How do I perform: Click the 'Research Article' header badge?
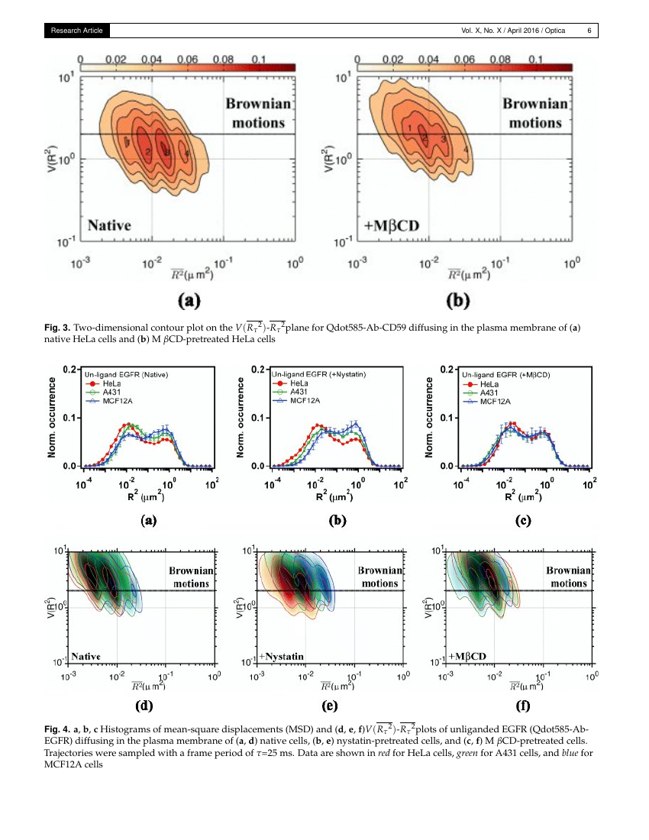(76, 31)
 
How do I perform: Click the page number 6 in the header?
(589, 31)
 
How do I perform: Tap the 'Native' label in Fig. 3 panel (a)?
(109, 225)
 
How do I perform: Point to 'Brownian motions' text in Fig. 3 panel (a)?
(255, 113)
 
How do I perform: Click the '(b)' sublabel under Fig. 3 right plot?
(457, 301)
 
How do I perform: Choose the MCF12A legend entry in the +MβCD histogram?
(486, 401)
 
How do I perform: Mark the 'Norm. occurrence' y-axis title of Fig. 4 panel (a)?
(54, 418)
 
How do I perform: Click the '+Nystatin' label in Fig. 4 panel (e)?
(281, 656)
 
